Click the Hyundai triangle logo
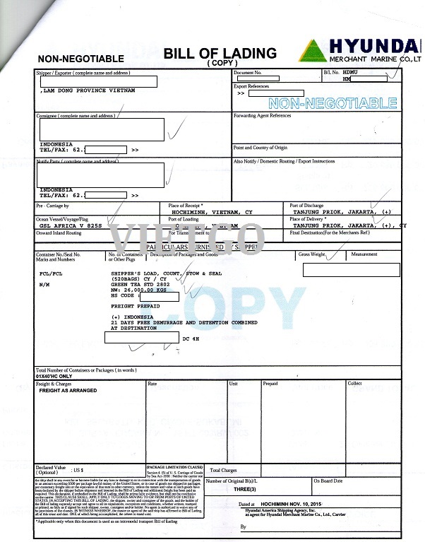coord(313,50)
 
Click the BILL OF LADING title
coord(220,54)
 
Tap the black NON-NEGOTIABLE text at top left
coord(80,59)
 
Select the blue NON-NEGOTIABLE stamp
coord(333,103)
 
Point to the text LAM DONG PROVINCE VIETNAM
coord(88,90)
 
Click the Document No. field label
coord(248,73)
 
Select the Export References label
coord(251,86)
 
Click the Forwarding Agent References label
coord(262,115)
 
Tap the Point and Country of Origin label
coord(261,148)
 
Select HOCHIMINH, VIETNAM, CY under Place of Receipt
coord(210,212)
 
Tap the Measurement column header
coord(364,254)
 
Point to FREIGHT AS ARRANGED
coord(68,390)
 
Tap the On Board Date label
coord(328,480)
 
